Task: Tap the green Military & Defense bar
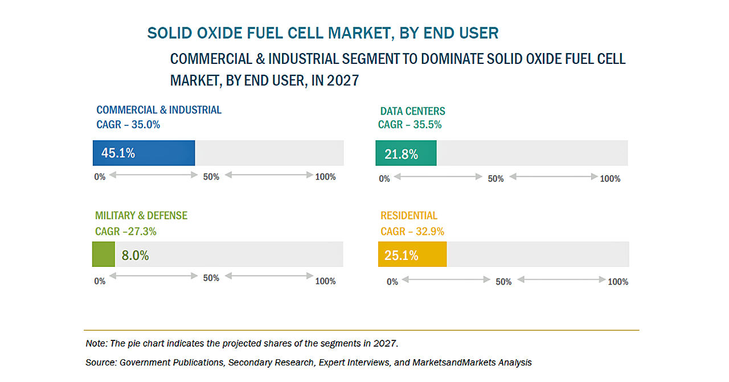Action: [103, 254]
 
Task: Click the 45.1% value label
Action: [118, 153]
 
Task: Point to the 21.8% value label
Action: [401, 154]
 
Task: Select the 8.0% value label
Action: [135, 255]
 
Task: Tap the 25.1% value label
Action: [401, 255]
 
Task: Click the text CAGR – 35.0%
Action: [128, 124]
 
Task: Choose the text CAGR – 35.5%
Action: [409, 125]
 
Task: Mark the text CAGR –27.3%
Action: [125, 231]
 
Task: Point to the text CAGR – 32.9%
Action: [412, 231]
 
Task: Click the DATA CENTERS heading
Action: [412, 111]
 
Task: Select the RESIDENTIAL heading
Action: [409, 216]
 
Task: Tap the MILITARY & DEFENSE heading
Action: [141, 216]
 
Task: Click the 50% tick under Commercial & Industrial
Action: [211, 177]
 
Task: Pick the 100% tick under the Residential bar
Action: [618, 282]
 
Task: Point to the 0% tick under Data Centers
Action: [384, 178]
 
